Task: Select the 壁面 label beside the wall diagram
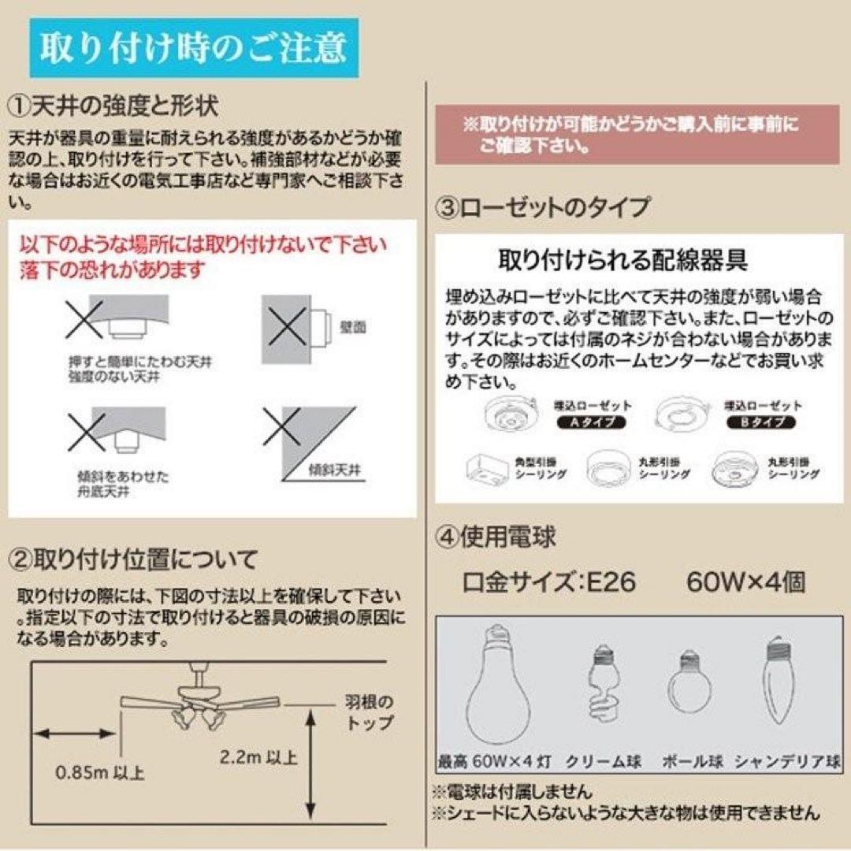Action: [x=355, y=325]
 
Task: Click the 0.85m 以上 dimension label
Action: [x=100, y=771]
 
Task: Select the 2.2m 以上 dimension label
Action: [x=259, y=757]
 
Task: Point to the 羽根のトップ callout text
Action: [x=368, y=711]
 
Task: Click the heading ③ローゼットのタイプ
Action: [x=543, y=207]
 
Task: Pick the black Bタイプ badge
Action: [x=760, y=422]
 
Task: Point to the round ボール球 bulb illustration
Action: [x=689, y=686]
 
